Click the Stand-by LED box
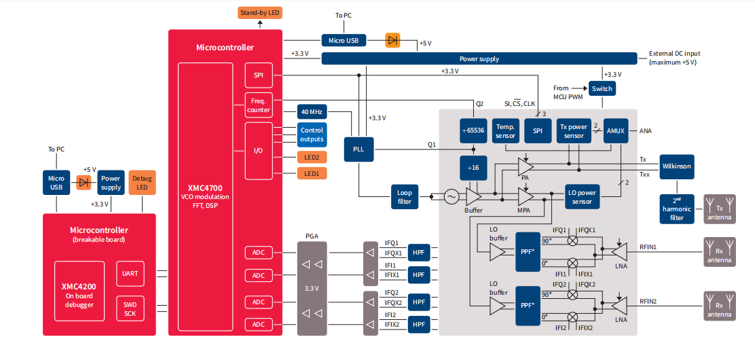260,13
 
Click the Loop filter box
405,197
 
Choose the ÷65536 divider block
474,130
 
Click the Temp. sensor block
505,130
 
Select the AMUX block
616,130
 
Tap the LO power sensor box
582,197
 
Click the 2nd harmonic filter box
676,209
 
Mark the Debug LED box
143,183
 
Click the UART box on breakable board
130,274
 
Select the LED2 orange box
312,157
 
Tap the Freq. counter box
259,105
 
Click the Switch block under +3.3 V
602,88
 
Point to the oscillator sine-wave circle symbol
452,197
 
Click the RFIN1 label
648,247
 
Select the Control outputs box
312,134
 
